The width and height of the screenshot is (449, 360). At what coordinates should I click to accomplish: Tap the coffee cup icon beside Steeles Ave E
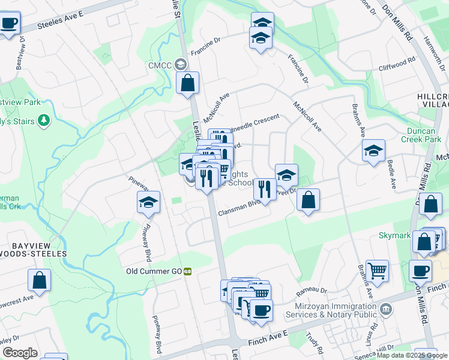[8, 24]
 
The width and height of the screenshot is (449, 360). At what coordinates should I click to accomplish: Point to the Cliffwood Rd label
[398, 62]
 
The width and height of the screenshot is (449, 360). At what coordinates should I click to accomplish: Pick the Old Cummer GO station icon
[187, 271]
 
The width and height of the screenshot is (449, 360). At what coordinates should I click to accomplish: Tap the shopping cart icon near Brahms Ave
[377, 271]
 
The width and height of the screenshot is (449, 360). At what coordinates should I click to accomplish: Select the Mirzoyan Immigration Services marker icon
[387, 310]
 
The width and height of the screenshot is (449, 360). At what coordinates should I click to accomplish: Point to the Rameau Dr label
[312, 292]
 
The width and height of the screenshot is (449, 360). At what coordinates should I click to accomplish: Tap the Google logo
[20, 353]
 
